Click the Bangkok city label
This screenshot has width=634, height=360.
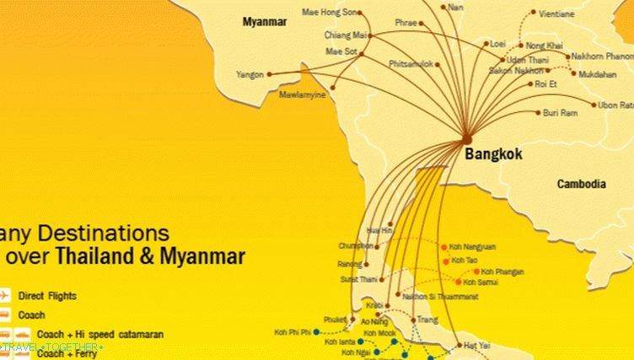click(493, 154)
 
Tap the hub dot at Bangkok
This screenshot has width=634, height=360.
click(467, 137)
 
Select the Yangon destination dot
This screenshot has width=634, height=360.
click(270, 74)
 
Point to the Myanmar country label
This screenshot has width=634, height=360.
click(264, 22)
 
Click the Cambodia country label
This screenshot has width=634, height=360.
click(581, 184)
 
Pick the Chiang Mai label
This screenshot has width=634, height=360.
click(347, 35)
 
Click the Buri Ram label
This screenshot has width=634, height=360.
click(560, 112)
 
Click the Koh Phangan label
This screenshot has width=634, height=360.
click(502, 271)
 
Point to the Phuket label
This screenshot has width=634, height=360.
click(334, 320)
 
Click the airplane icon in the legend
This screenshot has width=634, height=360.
click(7, 296)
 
